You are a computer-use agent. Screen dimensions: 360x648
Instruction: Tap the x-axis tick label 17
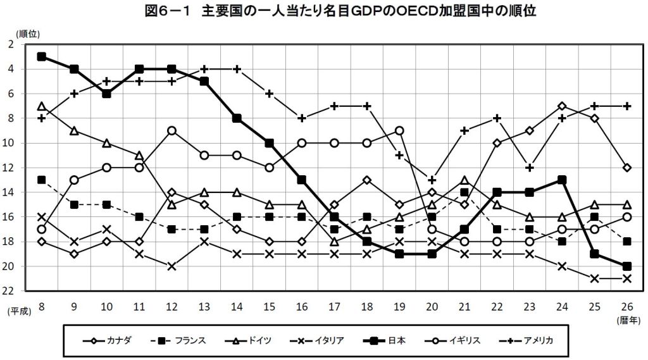(x=334, y=306)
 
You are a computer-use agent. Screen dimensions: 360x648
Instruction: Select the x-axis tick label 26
(x=626, y=306)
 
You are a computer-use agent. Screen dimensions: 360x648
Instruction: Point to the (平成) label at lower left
(x=19, y=312)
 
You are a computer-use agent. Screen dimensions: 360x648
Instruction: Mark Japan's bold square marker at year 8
(x=42, y=56)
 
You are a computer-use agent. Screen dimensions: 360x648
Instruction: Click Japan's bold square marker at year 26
(x=626, y=266)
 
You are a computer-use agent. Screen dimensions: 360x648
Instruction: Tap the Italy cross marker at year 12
(x=171, y=266)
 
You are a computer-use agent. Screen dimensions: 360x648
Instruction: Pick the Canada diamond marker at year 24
(x=561, y=106)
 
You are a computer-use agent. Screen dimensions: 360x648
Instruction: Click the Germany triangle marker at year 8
(x=42, y=106)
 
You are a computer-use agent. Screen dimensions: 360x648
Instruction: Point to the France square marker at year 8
(x=42, y=180)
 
